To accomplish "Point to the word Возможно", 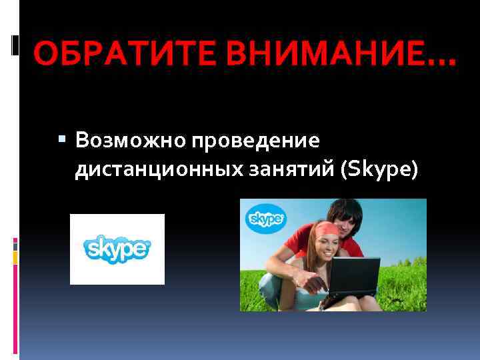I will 129,141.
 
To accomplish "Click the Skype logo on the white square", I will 117,249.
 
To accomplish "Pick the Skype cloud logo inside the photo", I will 266,219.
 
